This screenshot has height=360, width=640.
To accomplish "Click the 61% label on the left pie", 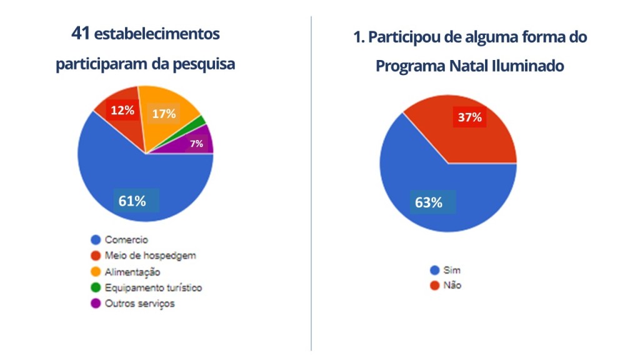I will point(132,201).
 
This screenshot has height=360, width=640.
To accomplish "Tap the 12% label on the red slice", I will point(122,111).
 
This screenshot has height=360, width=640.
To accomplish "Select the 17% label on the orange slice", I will point(164,114).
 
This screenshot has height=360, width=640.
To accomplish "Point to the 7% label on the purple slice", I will point(196,144).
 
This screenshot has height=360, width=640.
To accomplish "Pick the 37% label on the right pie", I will point(469,117).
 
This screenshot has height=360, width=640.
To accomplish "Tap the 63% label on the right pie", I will point(429,202).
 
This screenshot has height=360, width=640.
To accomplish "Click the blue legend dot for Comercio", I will point(96,239).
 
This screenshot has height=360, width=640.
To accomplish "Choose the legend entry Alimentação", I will point(132,272).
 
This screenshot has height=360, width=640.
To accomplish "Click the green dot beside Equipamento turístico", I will point(96,287).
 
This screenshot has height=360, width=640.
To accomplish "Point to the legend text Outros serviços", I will point(139,304).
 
